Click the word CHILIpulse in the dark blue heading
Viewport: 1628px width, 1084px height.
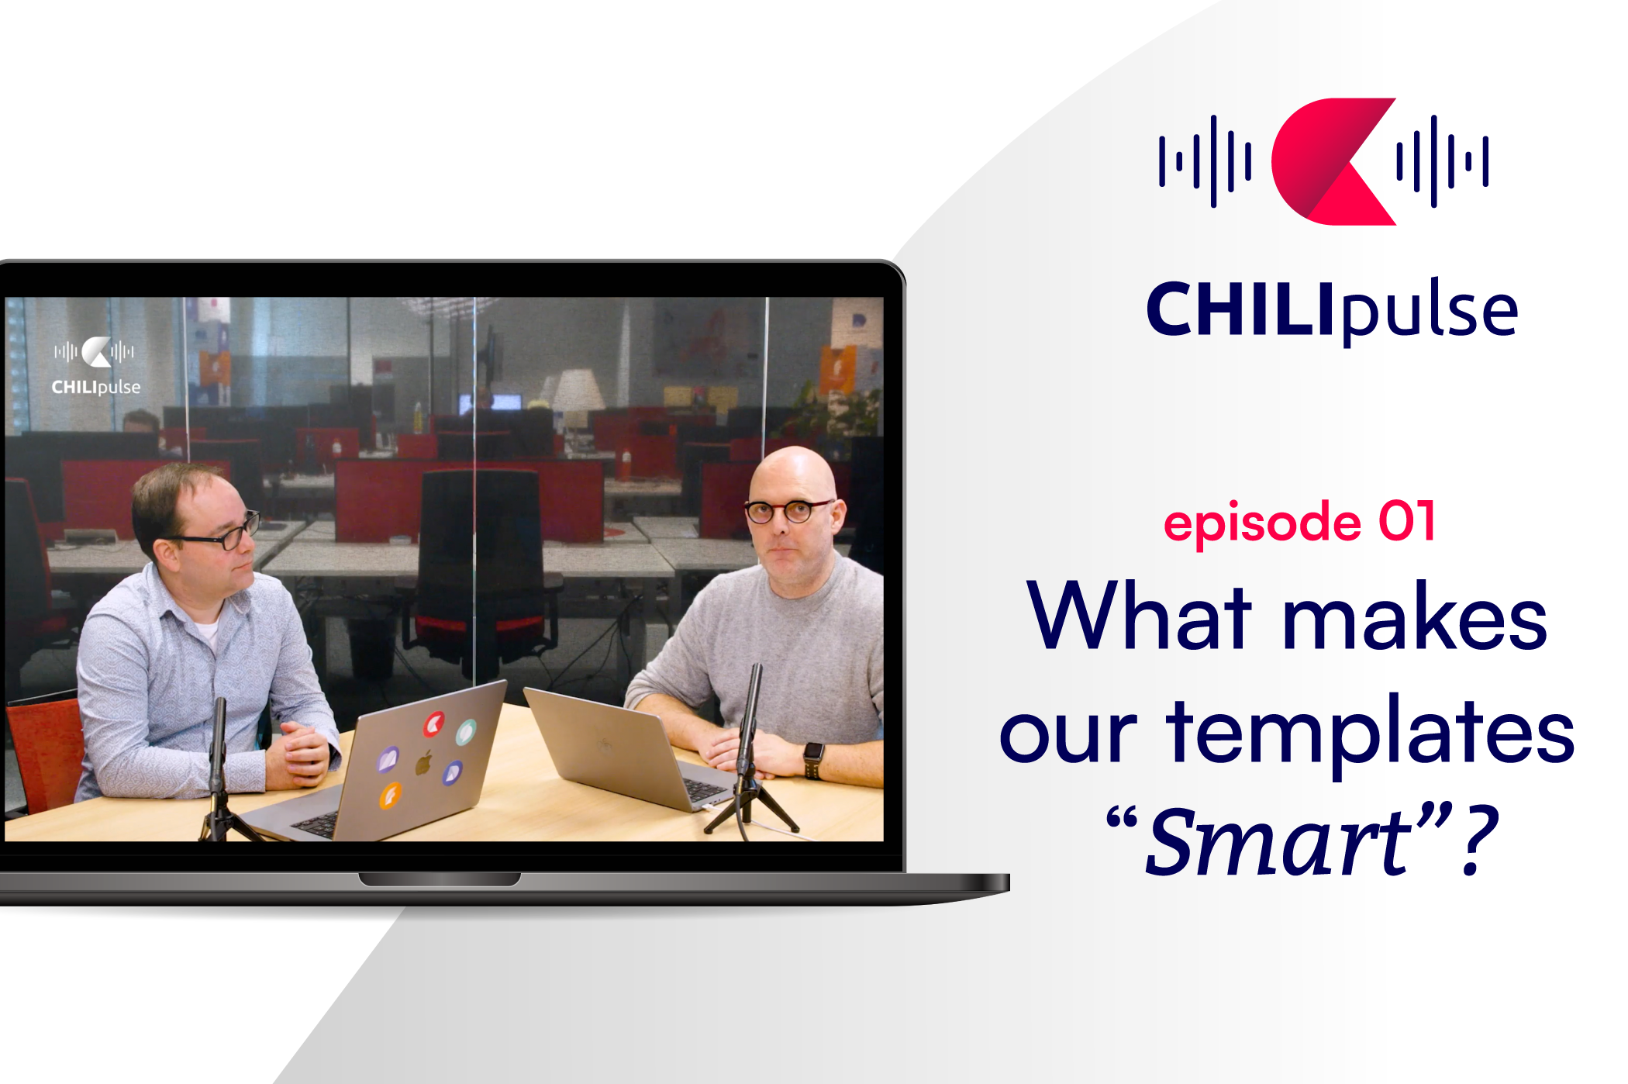click(x=1332, y=310)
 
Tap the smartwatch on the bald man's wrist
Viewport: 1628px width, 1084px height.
click(x=812, y=757)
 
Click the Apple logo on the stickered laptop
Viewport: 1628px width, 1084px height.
click(x=423, y=762)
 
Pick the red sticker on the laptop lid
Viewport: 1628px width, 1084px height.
click(x=434, y=725)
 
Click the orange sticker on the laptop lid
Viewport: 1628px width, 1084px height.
click(x=390, y=796)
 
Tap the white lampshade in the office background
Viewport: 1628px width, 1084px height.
click(x=578, y=389)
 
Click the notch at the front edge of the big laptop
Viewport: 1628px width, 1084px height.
click(x=440, y=879)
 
